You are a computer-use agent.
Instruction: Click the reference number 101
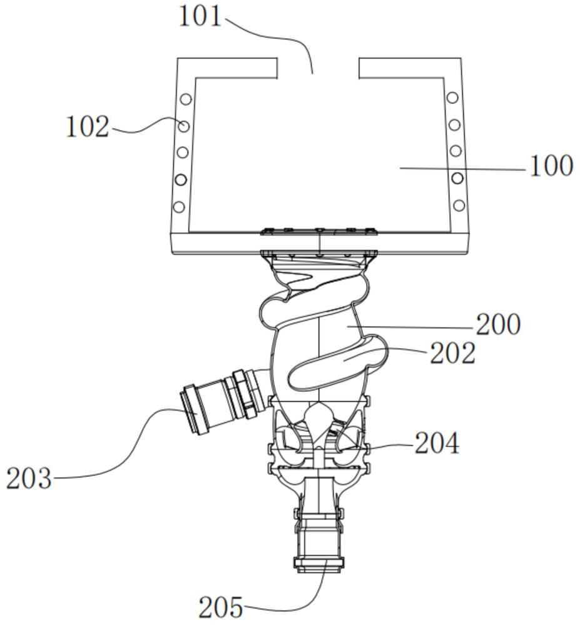pos(200,17)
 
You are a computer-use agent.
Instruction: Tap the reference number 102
pos(88,127)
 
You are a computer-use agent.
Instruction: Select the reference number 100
pos(551,166)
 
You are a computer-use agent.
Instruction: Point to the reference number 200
pos(499,324)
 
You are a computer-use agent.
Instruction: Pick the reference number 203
pos(29,478)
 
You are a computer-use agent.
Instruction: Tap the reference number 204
pos(437,443)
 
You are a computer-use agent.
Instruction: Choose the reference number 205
pos(221,607)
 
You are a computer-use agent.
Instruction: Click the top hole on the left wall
pos(186,99)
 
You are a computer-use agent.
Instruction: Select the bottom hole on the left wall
pos(180,207)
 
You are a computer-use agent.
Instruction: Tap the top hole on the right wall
pos(452,97)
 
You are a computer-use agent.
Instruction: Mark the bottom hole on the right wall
pos(459,205)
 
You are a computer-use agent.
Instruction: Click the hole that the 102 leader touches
pos(184,126)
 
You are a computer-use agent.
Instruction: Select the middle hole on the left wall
pos(183,152)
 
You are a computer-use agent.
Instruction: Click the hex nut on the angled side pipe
pos(244,394)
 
